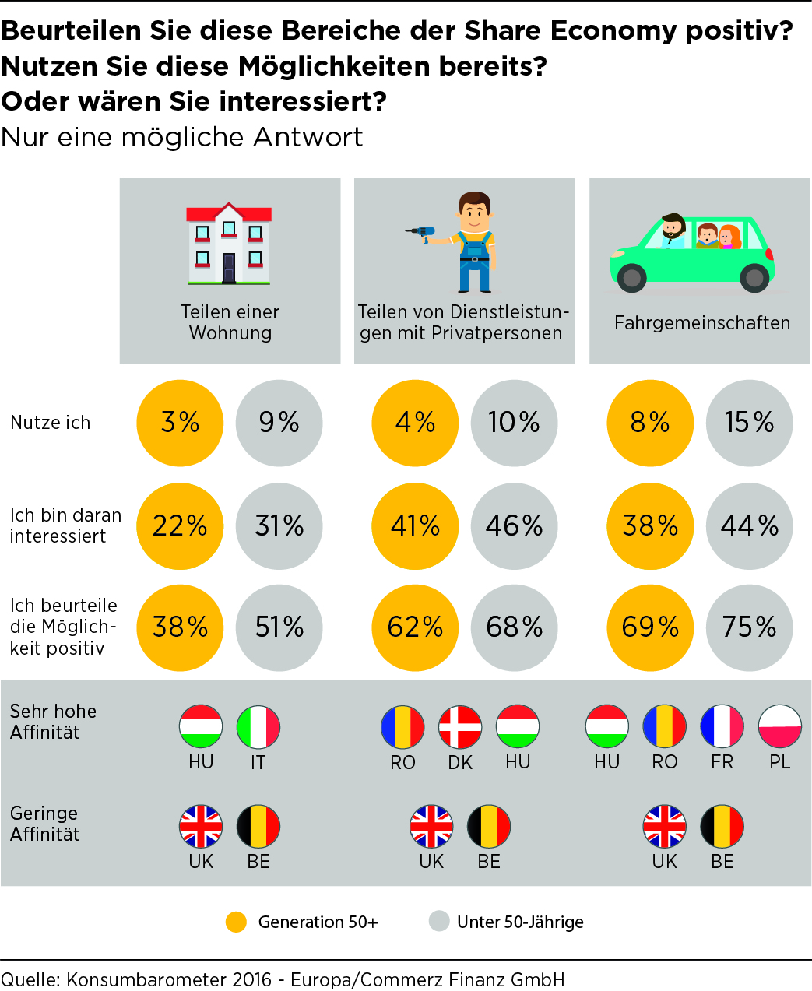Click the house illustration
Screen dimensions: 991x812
click(x=229, y=244)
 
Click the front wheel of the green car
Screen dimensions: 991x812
click(x=631, y=277)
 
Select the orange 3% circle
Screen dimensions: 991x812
click(x=180, y=423)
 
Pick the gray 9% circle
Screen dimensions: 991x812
click(x=279, y=423)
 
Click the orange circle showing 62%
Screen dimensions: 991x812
click(x=415, y=627)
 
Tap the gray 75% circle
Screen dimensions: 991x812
click(x=749, y=627)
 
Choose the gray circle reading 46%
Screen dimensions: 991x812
click(x=514, y=526)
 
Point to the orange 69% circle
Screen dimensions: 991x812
click(x=650, y=627)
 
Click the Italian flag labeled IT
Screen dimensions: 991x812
click(x=258, y=727)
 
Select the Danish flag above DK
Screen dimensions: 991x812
click(x=460, y=727)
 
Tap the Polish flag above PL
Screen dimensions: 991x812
click(x=779, y=726)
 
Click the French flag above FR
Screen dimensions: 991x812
click(x=722, y=726)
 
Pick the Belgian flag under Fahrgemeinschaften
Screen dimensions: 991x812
click(x=722, y=827)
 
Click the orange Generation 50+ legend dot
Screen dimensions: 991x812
click(x=236, y=922)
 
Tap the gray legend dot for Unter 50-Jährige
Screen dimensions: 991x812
click(x=439, y=922)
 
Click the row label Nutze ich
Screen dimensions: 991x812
click(x=51, y=423)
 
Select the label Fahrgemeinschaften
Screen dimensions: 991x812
click(x=701, y=323)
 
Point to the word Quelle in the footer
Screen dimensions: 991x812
click(x=29, y=979)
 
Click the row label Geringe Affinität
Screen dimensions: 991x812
click(x=45, y=824)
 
